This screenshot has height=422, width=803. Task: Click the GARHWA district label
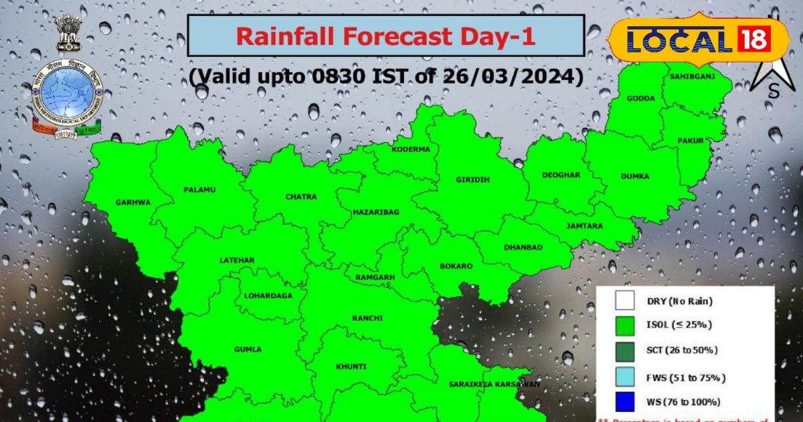[132, 202]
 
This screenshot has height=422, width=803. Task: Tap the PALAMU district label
[199, 190]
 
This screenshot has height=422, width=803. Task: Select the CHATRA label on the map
[301, 196]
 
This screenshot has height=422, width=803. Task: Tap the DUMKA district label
[635, 176]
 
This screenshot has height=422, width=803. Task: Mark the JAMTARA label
[584, 226]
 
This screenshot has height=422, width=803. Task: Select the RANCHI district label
[367, 318]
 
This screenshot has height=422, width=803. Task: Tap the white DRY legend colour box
[624, 300]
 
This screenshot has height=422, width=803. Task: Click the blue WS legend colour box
[624, 402]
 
